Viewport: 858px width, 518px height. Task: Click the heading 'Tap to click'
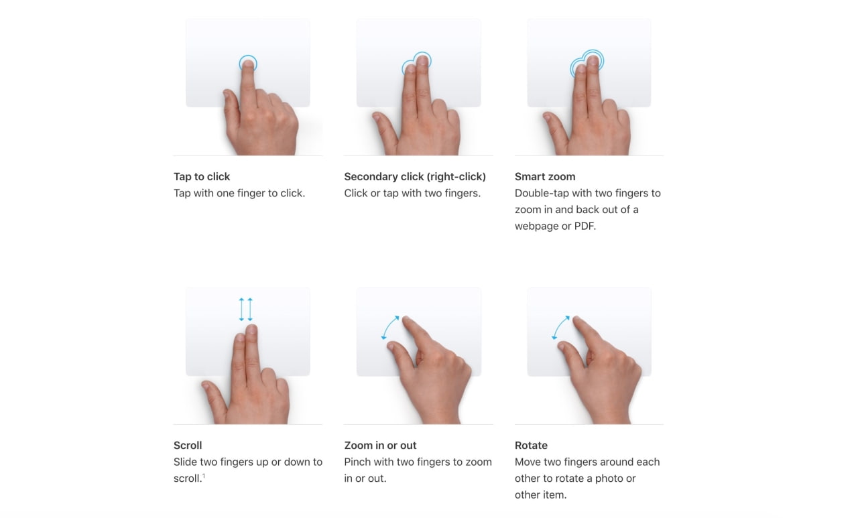(x=202, y=177)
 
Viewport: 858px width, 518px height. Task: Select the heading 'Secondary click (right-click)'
(x=415, y=177)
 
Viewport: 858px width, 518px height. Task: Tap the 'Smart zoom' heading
(x=545, y=177)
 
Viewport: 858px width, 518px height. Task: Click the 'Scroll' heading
(x=188, y=446)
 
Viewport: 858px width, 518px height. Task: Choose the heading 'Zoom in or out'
(x=380, y=446)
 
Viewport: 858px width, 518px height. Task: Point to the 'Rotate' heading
(x=531, y=446)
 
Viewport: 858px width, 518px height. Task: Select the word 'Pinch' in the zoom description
(x=359, y=462)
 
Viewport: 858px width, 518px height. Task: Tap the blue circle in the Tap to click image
(x=248, y=64)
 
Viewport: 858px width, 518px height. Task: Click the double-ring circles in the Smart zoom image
(x=587, y=63)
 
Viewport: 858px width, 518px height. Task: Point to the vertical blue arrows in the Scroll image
(x=246, y=309)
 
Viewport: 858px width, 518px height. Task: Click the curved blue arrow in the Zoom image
(x=390, y=327)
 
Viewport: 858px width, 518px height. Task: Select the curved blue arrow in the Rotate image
(x=561, y=327)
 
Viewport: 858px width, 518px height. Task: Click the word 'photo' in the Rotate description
(x=620, y=479)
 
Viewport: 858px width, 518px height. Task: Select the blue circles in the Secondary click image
(x=417, y=64)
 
